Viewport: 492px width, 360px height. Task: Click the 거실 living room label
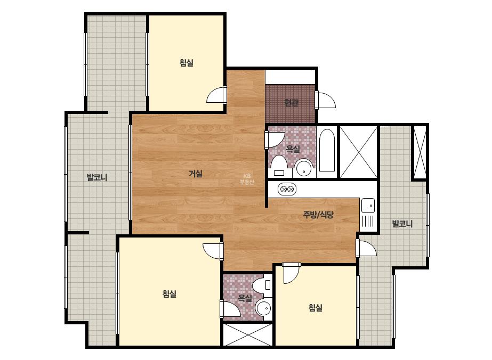point(196,174)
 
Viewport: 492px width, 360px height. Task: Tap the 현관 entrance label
point(291,103)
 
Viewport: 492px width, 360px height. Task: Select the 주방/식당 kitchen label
point(318,215)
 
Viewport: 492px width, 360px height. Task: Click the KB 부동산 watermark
point(247,179)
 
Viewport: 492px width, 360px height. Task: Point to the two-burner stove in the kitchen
point(287,189)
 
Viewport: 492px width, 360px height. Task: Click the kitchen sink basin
point(368,206)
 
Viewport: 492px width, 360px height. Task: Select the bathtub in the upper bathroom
point(327,151)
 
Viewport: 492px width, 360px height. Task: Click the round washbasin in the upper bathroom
point(303,167)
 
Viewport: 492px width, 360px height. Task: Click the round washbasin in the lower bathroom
point(263,308)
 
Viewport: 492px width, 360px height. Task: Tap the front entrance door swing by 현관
point(325,100)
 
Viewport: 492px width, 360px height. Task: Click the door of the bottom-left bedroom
point(213,250)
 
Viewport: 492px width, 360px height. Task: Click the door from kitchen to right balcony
point(366,248)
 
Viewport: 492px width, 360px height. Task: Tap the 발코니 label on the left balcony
point(97,177)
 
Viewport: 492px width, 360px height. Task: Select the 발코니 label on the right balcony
point(402,224)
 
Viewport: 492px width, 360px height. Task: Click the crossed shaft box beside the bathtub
point(358,152)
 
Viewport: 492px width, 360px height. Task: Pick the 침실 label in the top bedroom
point(187,62)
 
